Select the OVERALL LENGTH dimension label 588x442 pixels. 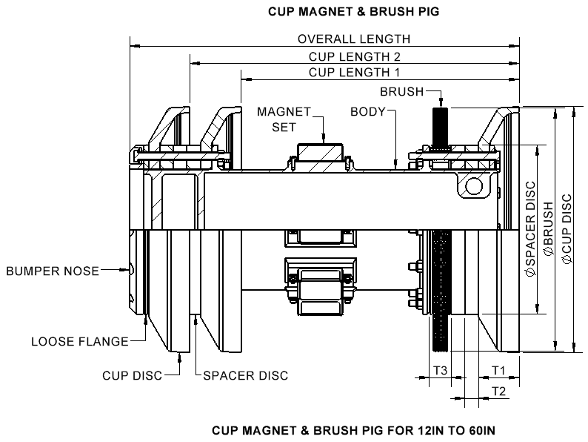(353, 39)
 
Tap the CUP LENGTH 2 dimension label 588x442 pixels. (353, 56)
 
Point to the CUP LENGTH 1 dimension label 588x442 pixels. (353, 72)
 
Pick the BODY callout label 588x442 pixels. (368, 112)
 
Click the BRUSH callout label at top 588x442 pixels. (401, 92)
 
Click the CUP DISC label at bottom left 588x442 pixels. (131, 375)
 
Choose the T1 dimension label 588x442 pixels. (498, 369)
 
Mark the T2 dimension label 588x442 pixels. (498, 391)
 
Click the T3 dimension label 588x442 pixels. (440, 369)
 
